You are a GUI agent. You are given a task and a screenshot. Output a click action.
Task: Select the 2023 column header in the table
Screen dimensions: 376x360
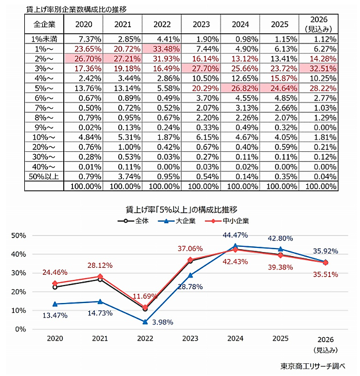click(201, 25)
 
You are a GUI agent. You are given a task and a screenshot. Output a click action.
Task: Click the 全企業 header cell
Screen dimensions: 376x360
click(43, 25)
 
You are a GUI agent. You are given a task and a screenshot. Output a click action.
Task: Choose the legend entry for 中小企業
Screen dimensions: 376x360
click(223, 221)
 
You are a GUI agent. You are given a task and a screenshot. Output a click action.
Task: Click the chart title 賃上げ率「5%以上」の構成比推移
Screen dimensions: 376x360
click(182, 209)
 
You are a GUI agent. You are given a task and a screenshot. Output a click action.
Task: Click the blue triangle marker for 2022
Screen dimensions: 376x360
click(145, 322)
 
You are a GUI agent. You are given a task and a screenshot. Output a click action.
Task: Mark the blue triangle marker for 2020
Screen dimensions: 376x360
click(55, 304)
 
